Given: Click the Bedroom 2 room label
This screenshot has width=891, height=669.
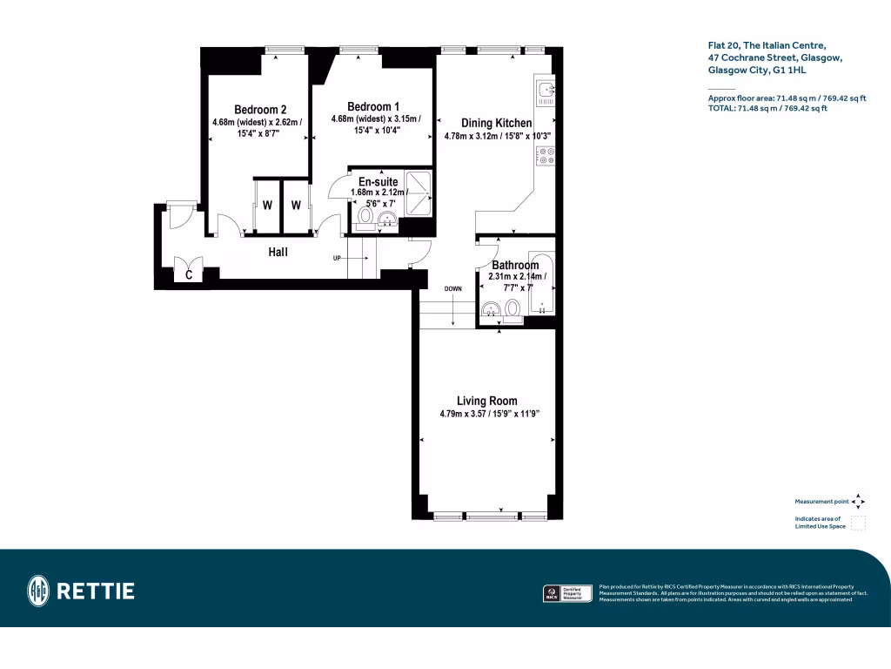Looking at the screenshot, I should pos(260,109).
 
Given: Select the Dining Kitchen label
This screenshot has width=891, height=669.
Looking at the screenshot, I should pos(496,124).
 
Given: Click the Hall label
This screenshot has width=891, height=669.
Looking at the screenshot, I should pos(278,252).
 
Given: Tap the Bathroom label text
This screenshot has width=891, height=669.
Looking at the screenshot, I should pos(515,265).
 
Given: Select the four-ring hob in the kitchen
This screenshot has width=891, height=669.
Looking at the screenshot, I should pos(547,155).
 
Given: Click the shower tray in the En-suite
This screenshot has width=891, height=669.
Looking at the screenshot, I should pos(416,190).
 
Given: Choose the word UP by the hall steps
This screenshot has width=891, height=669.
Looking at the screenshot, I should pos(338,259).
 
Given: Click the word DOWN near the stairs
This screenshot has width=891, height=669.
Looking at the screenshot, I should pos(453,287).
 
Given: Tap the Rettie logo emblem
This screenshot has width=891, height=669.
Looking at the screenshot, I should pos(38,591).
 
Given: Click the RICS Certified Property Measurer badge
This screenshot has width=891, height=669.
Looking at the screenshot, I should pos(564,593).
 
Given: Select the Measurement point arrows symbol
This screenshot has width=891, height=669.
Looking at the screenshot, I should pos(858,502).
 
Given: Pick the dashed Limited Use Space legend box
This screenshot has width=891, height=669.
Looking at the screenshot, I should pos(858,523).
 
